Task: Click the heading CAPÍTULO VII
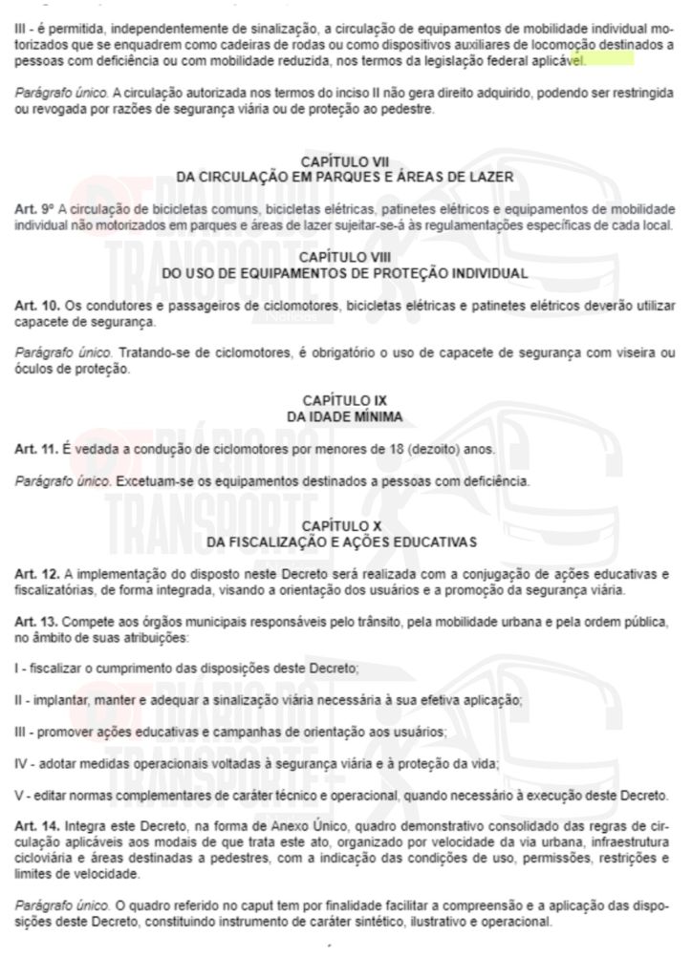(345, 163)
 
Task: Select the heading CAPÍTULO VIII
(345, 259)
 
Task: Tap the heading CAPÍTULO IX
(345, 401)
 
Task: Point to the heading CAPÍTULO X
(345, 527)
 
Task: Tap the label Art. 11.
(35, 447)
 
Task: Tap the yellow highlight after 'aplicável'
(607, 59)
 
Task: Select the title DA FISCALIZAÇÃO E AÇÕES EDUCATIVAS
(345, 542)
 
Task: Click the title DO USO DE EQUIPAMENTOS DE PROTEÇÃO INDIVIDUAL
(345, 273)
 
